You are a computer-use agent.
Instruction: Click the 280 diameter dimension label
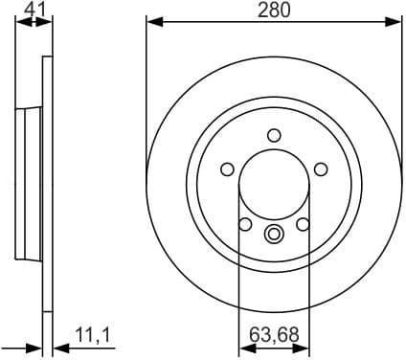(274, 11)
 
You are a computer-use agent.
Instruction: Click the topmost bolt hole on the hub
(274, 135)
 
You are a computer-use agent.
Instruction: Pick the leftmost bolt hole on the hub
(227, 169)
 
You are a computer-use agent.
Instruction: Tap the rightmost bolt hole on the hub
(321, 169)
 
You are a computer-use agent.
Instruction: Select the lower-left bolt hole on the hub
(245, 224)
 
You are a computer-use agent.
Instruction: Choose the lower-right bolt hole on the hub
(303, 224)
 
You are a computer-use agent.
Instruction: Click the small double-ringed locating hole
(274, 233)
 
